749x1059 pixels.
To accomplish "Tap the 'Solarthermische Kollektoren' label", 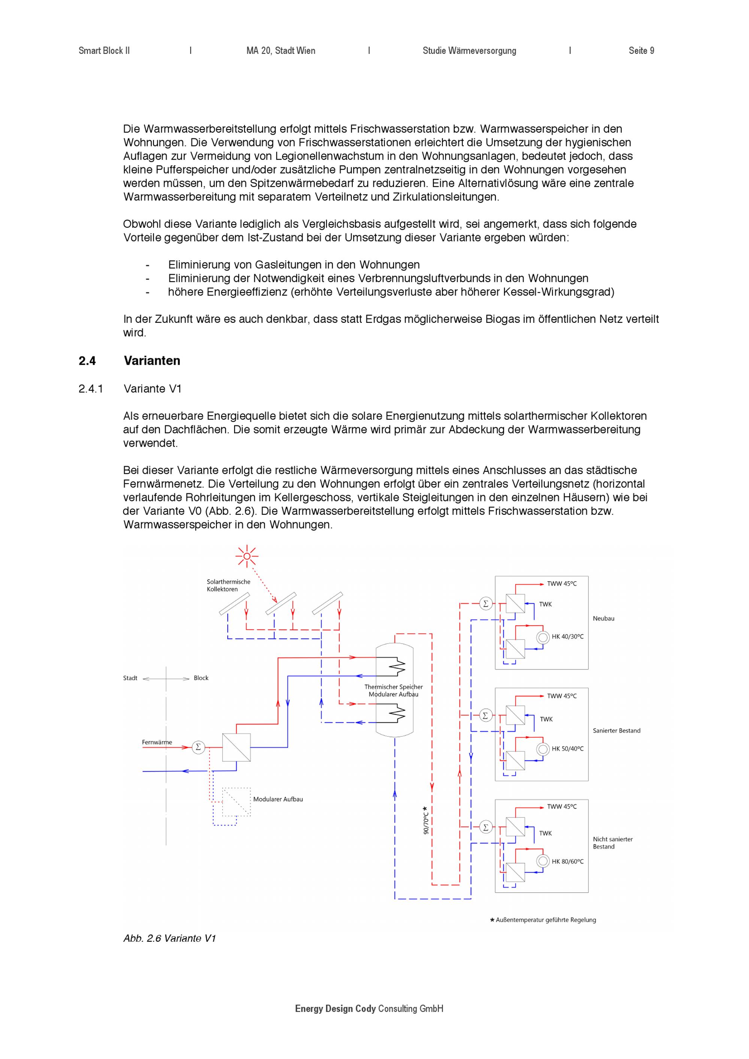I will (x=228, y=585).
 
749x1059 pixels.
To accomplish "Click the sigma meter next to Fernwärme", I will (x=198, y=747).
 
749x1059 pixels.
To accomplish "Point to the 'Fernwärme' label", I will (x=157, y=742).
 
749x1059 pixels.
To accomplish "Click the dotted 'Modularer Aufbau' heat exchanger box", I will (x=237, y=802).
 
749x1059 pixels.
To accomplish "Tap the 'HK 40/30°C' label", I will (x=567, y=637).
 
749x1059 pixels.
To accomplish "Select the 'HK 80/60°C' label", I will (x=567, y=861).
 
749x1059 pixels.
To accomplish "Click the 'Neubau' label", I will (x=603, y=619).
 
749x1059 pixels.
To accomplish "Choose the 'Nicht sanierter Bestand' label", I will (x=612, y=843).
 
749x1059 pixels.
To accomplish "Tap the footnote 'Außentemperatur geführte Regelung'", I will (x=546, y=920).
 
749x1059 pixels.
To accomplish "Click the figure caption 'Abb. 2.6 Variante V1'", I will (x=169, y=938).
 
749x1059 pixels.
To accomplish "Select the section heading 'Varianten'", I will (x=152, y=361).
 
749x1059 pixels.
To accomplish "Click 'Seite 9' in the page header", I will (x=641, y=51).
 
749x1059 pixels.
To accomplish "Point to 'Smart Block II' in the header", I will (x=104, y=51).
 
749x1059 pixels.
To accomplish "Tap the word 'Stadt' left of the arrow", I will (x=130, y=678).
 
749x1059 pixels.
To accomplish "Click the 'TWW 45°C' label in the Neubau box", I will (x=562, y=583).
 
